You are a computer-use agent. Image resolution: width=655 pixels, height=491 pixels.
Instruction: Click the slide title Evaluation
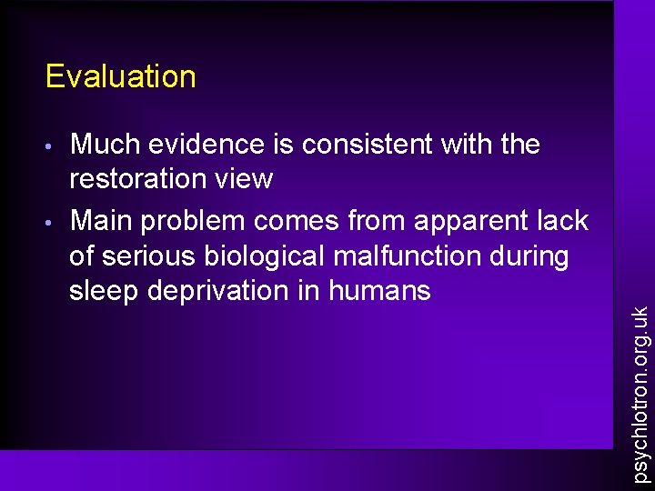120,76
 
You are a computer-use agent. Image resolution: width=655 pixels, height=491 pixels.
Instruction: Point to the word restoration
135,179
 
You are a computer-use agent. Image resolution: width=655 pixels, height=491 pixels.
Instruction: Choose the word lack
563,221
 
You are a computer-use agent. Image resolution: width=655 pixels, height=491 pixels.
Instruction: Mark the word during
531,256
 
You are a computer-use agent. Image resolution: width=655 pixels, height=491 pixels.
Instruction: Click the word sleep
102,291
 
